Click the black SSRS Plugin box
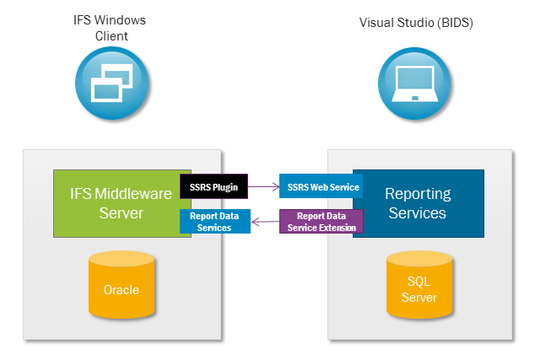(214, 186)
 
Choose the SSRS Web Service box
(321, 186)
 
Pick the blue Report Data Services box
(214, 222)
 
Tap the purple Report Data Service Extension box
(321, 222)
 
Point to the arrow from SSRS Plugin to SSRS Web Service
(263, 186)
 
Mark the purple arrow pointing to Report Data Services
(263, 223)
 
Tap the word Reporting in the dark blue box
(418, 194)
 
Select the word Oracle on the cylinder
(122, 290)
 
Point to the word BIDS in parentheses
(453, 24)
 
